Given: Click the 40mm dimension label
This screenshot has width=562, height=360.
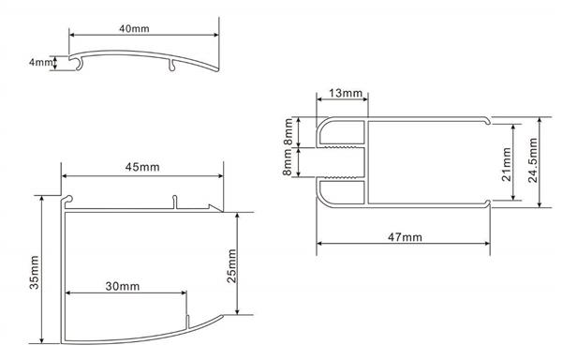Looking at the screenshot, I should [x=135, y=28].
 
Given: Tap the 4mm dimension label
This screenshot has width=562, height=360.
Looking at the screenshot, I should [x=40, y=63].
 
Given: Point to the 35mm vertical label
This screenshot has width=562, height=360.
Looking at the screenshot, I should [x=34, y=271].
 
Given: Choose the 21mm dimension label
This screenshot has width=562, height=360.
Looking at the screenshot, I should [x=506, y=162].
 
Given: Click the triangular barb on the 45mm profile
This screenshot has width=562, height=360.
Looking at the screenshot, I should [x=215, y=205].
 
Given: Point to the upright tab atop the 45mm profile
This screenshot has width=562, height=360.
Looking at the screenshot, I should [x=175, y=201].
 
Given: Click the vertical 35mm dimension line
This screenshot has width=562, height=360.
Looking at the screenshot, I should [x=43, y=272].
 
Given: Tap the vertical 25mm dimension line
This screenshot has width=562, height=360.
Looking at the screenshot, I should [x=240, y=264].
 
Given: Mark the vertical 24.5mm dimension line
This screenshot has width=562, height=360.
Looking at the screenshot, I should [x=540, y=160].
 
